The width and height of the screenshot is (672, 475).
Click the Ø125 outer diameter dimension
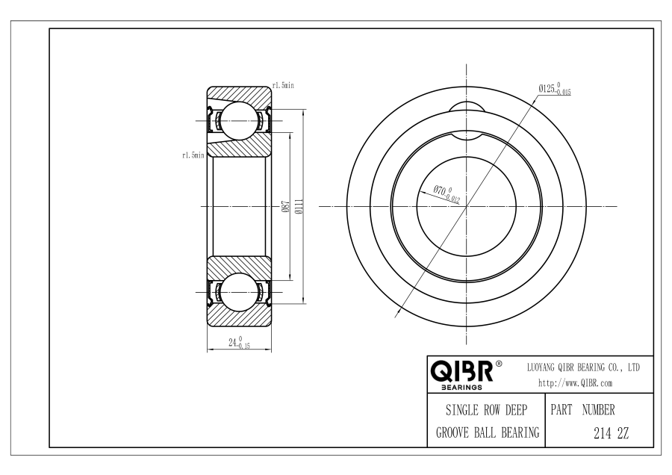click(555, 89)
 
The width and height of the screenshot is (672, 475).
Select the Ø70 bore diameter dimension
click(447, 193)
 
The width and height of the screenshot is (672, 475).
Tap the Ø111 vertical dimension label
click(299, 206)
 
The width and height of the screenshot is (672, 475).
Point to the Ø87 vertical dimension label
click(285, 207)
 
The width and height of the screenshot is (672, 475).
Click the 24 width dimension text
click(239, 342)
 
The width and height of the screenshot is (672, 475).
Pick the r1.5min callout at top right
click(283, 85)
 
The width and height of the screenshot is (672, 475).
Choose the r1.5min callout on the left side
click(193, 155)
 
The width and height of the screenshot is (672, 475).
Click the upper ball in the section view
click(240, 121)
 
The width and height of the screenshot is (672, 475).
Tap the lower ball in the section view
click(240, 292)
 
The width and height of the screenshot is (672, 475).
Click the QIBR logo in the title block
click(461, 371)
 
